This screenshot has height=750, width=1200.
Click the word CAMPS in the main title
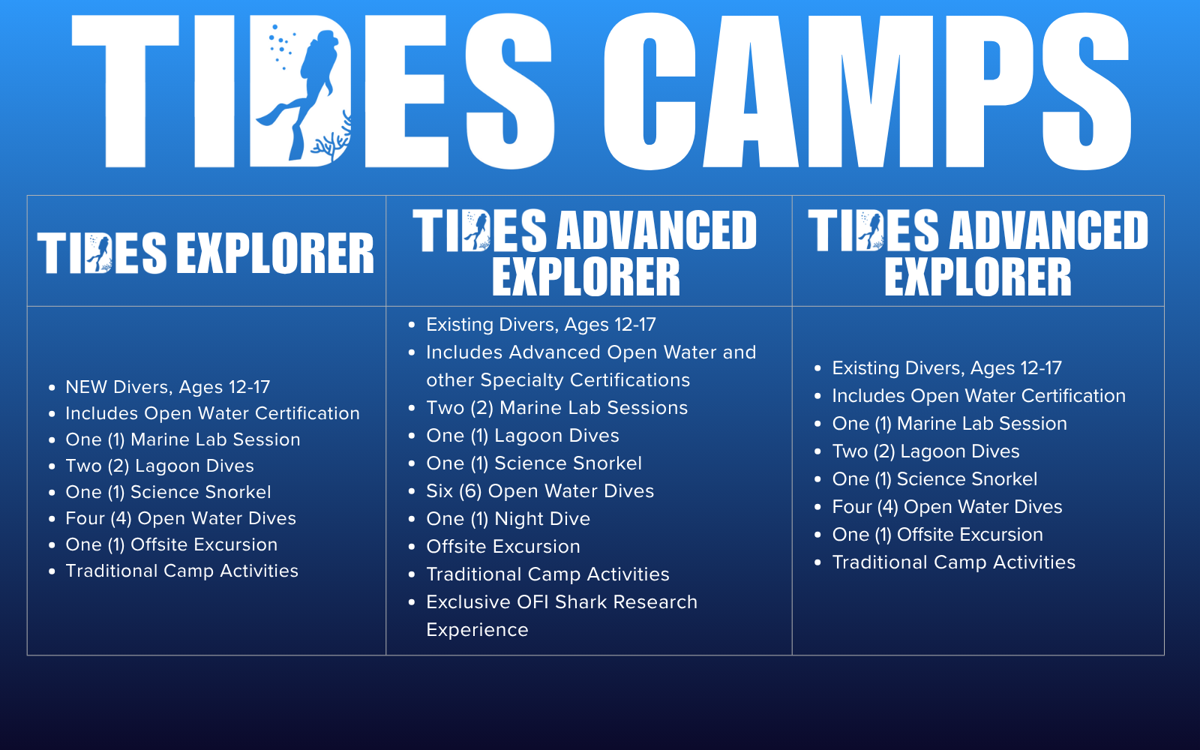(868, 91)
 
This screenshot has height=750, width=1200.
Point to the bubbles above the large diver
(280, 47)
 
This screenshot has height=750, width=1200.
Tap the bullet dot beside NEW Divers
(52, 387)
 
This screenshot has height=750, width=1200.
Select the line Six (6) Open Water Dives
(540, 491)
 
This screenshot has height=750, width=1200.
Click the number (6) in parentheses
(470, 491)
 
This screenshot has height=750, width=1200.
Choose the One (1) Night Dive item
(508, 519)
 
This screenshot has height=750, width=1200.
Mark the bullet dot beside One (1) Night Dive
(412, 519)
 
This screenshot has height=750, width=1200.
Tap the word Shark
(580, 602)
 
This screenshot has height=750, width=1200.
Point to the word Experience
(477, 631)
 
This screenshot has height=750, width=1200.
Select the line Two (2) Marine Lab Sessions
(557, 408)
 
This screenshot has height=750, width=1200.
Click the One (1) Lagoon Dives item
(523, 436)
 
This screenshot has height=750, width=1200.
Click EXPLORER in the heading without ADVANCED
(274, 253)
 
